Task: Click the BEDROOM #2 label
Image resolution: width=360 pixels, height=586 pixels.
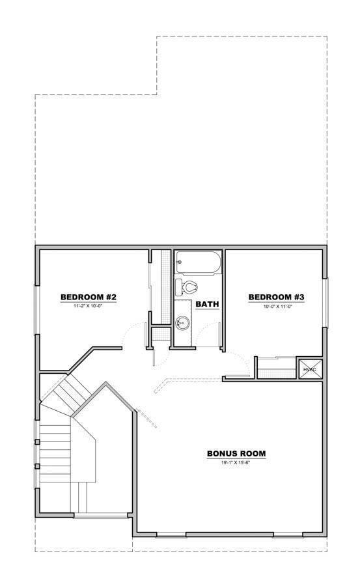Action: pos(89,298)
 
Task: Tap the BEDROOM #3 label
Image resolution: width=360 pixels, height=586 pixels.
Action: pos(277,298)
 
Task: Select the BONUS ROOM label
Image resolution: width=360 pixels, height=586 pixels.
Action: pos(236,454)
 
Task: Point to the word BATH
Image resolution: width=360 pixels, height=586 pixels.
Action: pos(207,304)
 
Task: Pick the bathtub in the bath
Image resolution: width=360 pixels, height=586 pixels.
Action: pos(199,263)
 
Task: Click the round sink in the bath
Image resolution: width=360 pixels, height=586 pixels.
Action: pos(183,322)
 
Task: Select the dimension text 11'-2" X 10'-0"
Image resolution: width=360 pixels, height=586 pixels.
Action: pos(89,306)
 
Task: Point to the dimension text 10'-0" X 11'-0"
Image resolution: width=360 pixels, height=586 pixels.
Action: pos(277,306)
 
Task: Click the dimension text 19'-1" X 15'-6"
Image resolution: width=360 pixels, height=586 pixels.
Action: pos(236,462)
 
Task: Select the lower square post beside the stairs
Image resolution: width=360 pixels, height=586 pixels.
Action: pos(37,466)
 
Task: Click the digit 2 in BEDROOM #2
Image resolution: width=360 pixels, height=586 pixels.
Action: pos(113,298)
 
